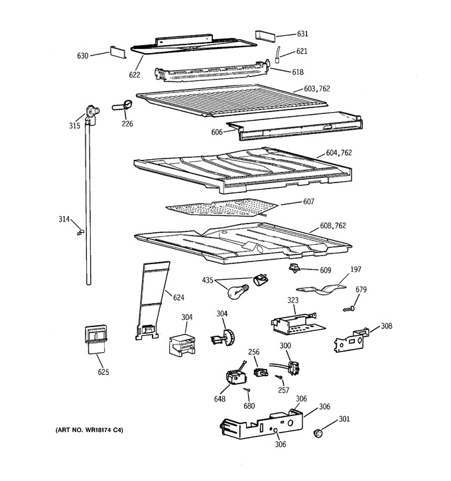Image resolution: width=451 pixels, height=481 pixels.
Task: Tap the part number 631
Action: (x=302, y=33)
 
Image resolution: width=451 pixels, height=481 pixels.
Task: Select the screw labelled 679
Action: (x=350, y=309)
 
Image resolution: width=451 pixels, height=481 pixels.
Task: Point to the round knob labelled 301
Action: (x=318, y=433)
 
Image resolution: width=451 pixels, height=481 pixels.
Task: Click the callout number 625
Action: (x=103, y=372)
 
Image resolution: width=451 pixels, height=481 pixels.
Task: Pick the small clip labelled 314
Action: (x=80, y=232)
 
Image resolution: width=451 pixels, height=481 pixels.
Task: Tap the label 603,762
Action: (x=317, y=89)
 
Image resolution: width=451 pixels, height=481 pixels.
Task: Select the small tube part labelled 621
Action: (x=277, y=54)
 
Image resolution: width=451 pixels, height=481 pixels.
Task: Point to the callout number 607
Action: (x=308, y=202)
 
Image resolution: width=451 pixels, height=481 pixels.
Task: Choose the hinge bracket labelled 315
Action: (x=92, y=115)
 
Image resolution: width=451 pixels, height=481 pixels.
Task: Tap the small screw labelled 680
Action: (x=247, y=389)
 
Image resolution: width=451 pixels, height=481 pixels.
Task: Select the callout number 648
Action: (x=220, y=399)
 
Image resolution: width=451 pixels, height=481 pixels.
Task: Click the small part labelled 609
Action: (x=294, y=268)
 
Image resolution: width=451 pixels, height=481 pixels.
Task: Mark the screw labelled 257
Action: (x=279, y=377)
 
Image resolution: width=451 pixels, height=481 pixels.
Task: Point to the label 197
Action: (x=355, y=269)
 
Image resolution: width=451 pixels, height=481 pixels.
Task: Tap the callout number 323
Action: (x=292, y=300)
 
